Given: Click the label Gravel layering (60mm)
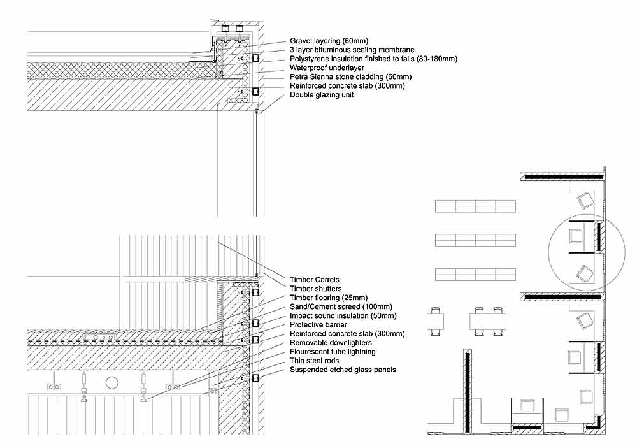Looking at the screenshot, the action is pyautogui.click(x=329, y=41).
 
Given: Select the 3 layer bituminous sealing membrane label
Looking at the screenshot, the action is pyautogui.click(x=352, y=50).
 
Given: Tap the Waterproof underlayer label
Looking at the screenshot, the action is pyautogui.click(x=327, y=68).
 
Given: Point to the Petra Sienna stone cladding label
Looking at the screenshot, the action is pyautogui.click(x=350, y=76).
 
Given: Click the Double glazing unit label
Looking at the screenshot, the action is pyautogui.click(x=322, y=95).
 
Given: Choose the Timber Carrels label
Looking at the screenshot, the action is pyautogui.click(x=315, y=280).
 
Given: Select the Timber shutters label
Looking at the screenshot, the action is pyautogui.click(x=316, y=289).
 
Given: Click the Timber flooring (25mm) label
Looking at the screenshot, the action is pyautogui.click(x=329, y=298).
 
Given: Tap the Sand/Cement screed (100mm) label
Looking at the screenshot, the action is pyautogui.click(x=341, y=306).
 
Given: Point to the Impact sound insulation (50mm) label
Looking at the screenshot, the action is pyautogui.click(x=343, y=315).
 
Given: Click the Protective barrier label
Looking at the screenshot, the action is pyautogui.click(x=318, y=324).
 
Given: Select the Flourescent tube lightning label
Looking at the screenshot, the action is pyautogui.click(x=333, y=352).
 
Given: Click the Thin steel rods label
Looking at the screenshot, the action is pyautogui.click(x=314, y=361).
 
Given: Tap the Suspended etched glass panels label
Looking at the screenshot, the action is pyautogui.click(x=343, y=370).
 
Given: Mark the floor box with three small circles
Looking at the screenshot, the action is pyautogui.click(x=101, y=337).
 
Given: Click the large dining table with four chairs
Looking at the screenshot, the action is pyautogui.click(x=488, y=322).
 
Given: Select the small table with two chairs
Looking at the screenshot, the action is pyautogui.click(x=436, y=322).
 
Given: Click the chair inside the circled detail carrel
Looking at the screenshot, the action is pyautogui.click(x=576, y=236).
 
